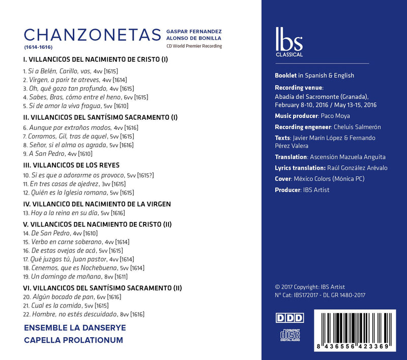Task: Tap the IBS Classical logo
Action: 288,40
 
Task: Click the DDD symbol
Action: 289,318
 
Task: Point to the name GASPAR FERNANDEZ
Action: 193,31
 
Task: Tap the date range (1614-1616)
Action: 38,47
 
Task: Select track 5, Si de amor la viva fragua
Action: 76,106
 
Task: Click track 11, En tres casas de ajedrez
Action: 74,183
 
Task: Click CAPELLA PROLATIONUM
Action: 74,341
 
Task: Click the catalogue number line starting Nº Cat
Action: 319,295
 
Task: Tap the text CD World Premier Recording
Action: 193,46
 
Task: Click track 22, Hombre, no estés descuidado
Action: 84,314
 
